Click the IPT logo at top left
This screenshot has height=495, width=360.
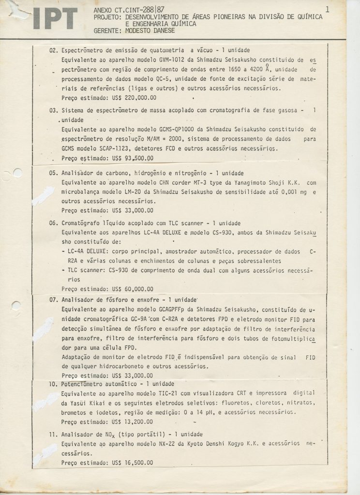[55, 18]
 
